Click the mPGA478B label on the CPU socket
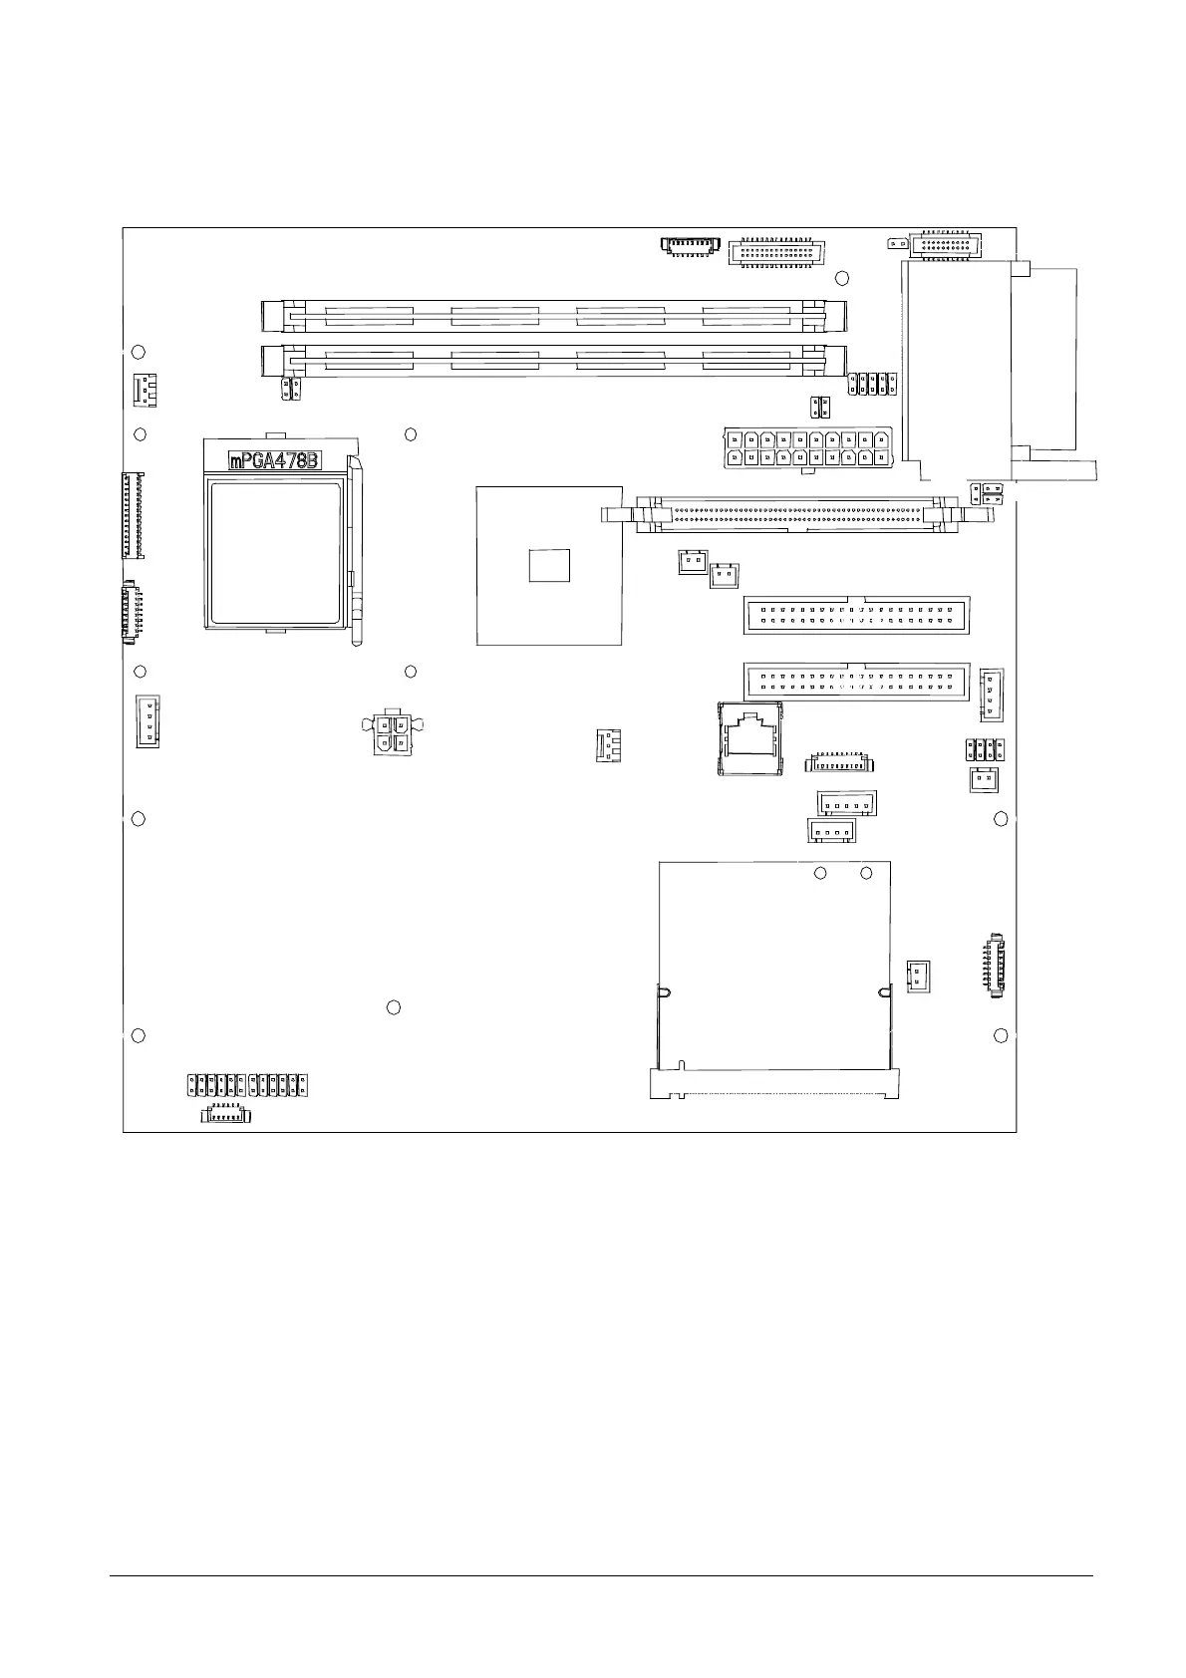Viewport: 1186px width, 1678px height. point(275,460)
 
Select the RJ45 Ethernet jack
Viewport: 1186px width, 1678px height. point(749,738)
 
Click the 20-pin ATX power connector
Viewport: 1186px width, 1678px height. point(808,448)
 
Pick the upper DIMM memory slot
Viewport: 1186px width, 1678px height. point(554,316)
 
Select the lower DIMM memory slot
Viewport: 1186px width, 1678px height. point(554,361)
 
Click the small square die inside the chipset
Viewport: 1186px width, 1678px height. point(549,565)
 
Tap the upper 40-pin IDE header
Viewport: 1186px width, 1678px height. point(856,615)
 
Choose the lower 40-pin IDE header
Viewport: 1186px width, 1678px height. point(856,682)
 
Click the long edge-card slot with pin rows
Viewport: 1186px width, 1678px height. point(797,514)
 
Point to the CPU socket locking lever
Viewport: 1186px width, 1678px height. point(356,552)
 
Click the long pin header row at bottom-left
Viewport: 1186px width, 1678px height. point(247,1085)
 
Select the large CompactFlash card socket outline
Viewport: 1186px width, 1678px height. point(774,979)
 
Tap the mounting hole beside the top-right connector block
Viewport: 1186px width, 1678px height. point(842,279)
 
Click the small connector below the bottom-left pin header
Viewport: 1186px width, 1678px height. point(225,1115)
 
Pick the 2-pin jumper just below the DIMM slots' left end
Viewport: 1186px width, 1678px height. point(291,388)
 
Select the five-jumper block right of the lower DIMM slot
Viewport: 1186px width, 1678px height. point(872,384)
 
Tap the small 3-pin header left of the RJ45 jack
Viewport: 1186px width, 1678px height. point(608,746)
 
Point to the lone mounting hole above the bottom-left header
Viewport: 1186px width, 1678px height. point(394,1007)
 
